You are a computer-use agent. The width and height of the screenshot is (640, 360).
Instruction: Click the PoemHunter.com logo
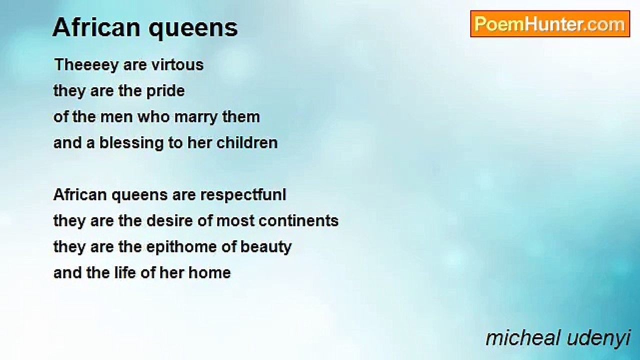550,24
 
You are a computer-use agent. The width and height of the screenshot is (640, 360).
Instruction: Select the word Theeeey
86,65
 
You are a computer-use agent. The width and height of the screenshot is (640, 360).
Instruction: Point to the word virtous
177,64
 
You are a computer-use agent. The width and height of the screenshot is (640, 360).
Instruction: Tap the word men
117,117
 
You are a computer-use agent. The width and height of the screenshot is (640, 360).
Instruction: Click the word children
247,142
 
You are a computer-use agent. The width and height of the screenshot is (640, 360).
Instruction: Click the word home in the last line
209,272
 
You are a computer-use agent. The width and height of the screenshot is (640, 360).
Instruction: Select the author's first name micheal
523,338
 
